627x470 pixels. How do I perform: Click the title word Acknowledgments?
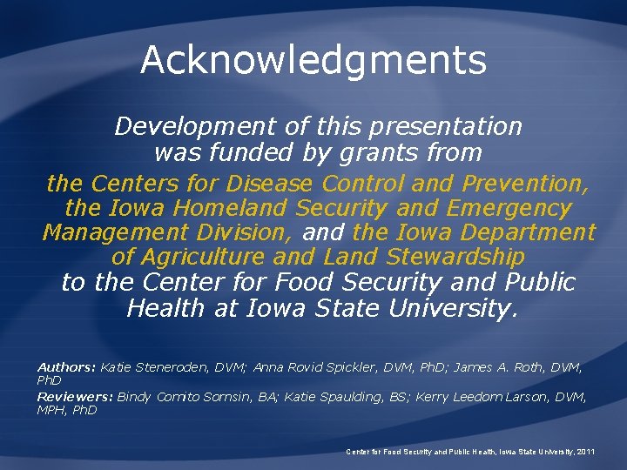point(313,60)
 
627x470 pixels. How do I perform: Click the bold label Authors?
point(66,368)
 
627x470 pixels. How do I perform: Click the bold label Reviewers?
point(74,397)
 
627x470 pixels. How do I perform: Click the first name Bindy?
point(133,397)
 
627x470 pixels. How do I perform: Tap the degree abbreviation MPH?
point(51,410)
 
